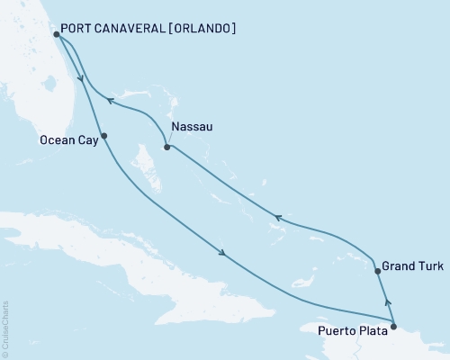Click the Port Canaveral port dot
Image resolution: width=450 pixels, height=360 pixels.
pyautogui.click(x=57, y=35)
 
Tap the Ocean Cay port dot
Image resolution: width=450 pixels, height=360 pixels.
pyautogui.click(x=104, y=136)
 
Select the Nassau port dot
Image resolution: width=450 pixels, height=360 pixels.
pyautogui.click(x=166, y=147)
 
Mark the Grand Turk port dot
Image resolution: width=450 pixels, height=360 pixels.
pyautogui.click(x=378, y=269)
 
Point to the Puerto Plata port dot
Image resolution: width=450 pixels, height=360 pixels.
pyautogui.click(x=393, y=314)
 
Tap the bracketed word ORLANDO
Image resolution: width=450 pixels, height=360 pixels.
pyautogui.click(x=207, y=28)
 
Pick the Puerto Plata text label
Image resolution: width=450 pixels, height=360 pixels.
pyautogui.click(x=353, y=330)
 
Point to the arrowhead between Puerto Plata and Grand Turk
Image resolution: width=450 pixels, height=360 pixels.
pyautogui.click(x=387, y=292)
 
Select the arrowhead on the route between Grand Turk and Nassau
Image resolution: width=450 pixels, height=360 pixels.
pyautogui.click(x=278, y=217)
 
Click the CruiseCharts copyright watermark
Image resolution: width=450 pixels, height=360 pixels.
pyautogui.click(x=5, y=328)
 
